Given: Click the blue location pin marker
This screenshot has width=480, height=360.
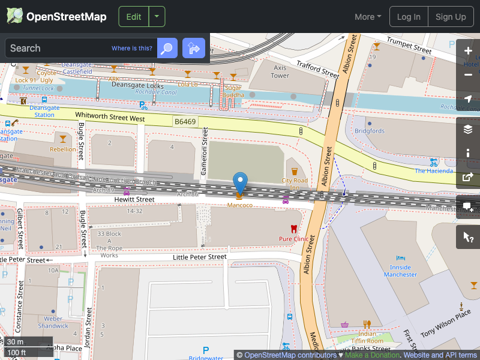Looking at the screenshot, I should (240, 182).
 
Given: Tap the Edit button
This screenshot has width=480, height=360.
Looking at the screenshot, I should (134, 17).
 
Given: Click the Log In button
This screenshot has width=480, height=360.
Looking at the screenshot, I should (409, 17).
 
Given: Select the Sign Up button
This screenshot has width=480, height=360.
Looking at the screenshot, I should (451, 17).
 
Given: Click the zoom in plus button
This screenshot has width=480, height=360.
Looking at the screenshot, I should (468, 51).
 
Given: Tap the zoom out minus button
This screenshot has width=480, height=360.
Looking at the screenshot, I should (468, 75).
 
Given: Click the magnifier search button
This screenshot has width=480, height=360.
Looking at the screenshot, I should (167, 48).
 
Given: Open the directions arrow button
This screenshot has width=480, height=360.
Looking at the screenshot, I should (194, 48).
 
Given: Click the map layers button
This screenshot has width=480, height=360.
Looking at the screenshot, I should (468, 129).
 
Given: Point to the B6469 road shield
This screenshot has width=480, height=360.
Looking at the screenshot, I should (185, 122).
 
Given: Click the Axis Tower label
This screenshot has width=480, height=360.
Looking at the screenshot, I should (280, 71).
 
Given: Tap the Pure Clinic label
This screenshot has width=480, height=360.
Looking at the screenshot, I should (293, 239).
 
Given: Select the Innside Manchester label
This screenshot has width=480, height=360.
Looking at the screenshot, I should (400, 271).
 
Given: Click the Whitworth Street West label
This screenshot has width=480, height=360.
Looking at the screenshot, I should (110, 116).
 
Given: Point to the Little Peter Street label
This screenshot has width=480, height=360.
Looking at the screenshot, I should (200, 257).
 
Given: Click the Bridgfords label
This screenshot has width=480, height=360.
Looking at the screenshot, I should (370, 131).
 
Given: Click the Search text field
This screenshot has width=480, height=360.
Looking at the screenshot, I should (57, 48).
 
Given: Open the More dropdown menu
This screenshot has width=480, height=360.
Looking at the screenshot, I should (368, 17).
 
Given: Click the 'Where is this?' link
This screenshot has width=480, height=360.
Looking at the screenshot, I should (132, 48).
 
